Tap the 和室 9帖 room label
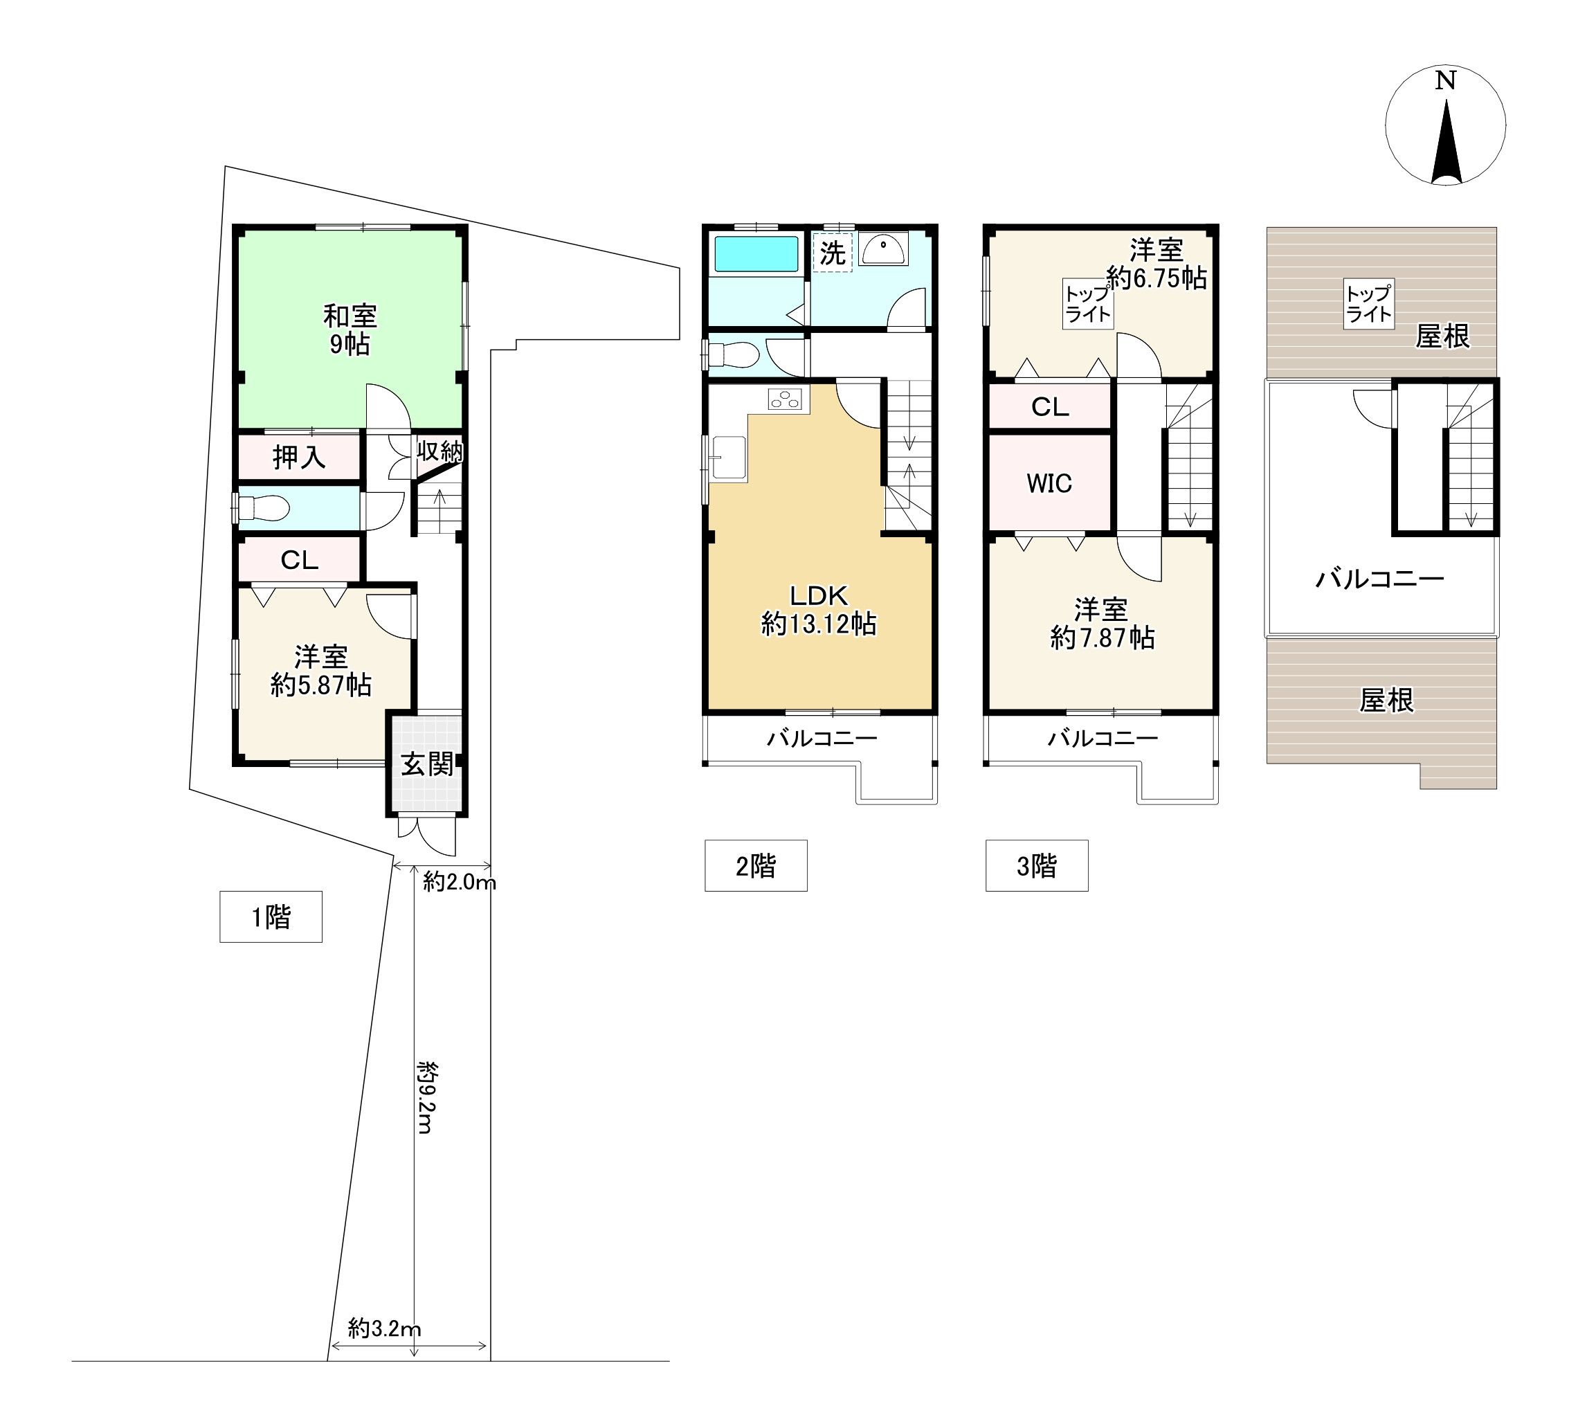(350, 330)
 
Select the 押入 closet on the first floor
(299, 457)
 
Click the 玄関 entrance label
(426, 764)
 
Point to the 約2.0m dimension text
(460, 883)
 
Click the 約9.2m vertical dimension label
(426, 1097)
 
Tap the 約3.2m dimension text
(384, 1328)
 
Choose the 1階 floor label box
(271, 917)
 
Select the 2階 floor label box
(756, 865)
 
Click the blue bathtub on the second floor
(756, 255)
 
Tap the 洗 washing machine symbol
(832, 253)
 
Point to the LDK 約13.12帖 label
(819, 610)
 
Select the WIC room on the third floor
(1050, 482)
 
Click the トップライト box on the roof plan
(1369, 303)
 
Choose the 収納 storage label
(439, 451)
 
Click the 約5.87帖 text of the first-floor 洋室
(321, 685)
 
